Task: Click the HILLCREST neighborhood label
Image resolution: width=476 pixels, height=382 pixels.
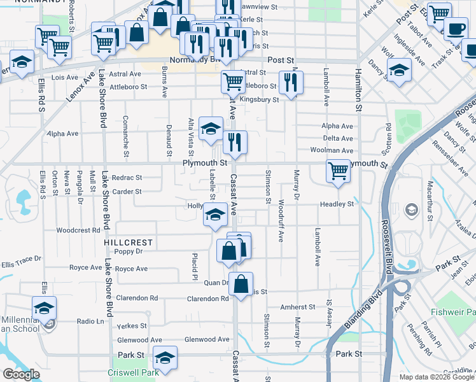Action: [x=129, y=243]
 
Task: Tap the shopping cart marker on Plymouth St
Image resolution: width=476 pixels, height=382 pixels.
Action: [x=337, y=171]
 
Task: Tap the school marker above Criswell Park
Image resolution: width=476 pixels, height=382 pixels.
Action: [x=165, y=359]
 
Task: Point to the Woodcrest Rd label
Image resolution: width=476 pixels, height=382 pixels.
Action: [x=78, y=230]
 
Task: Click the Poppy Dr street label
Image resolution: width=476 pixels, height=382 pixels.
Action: [x=128, y=252]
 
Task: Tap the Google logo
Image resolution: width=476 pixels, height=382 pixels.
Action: [x=21, y=374]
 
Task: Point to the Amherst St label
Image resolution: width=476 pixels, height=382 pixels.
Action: [x=298, y=306]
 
